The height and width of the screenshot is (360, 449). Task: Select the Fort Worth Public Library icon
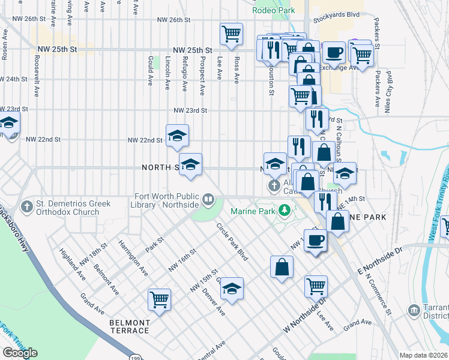208,198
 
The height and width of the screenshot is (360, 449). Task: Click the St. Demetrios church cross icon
26,207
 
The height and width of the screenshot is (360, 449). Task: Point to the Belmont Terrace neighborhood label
129,326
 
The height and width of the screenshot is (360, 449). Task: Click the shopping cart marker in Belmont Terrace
159,298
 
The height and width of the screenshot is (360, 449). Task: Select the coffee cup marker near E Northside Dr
315,241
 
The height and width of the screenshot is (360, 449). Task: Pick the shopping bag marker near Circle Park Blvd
282,268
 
